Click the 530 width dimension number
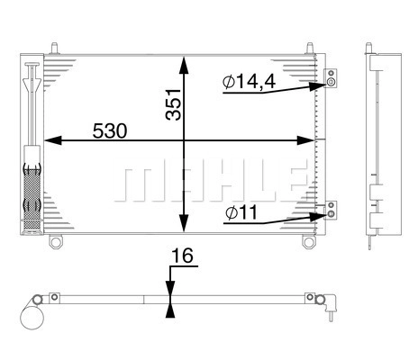click(x=110, y=131)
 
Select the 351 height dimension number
click(x=174, y=104)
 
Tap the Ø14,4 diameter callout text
click(x=249, y=82)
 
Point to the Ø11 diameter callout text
click(x=241, y=212)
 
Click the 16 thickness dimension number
click(x=182, y=256)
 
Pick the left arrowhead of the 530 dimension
click(x=53, y=140)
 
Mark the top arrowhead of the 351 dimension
click(x=184, y=65)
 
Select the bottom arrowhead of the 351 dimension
click(x=184, y=223)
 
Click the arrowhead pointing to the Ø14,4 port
click(x=317, y=86)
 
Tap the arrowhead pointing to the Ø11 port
click(x=318, y=217)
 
